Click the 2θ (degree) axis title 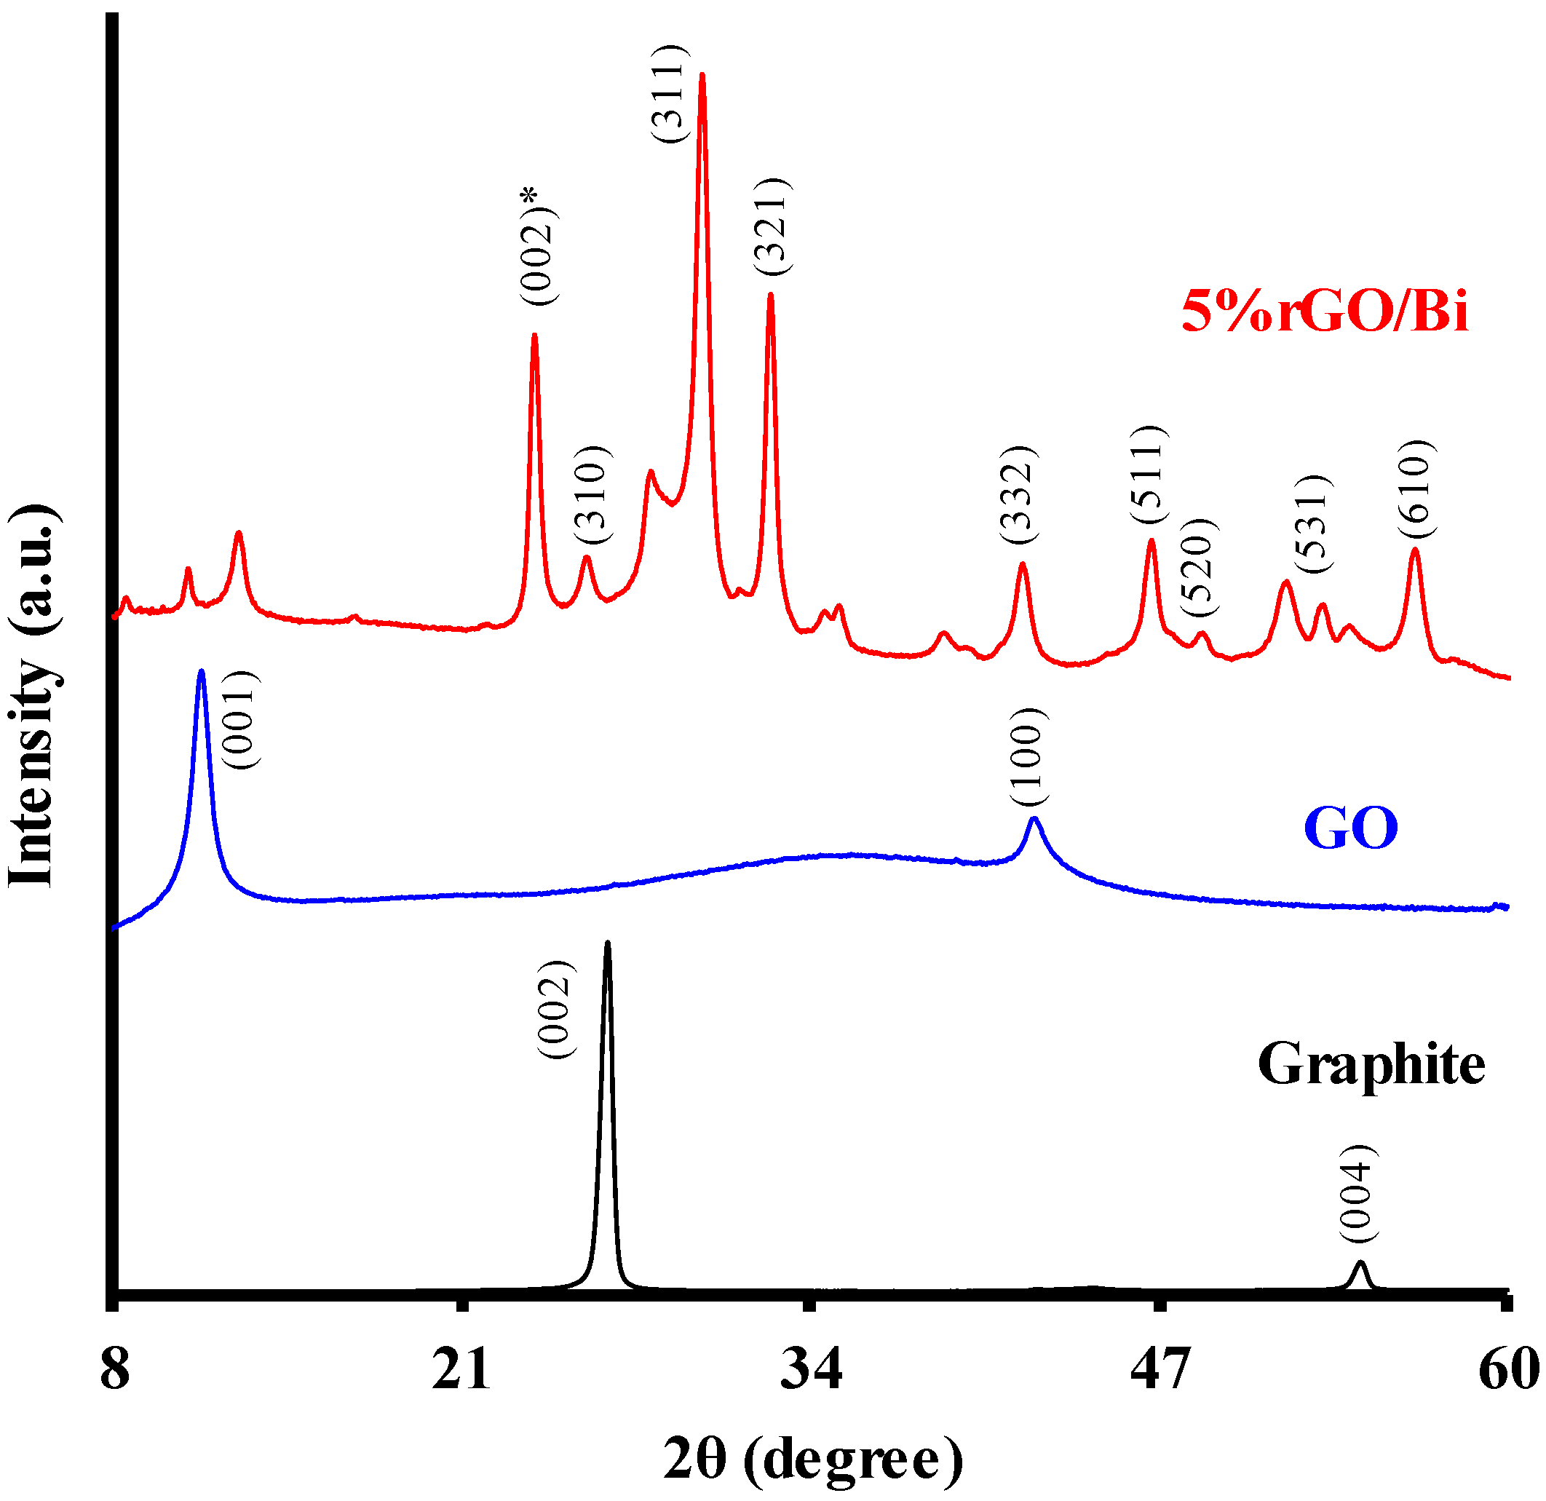coord(812,1460)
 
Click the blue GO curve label coord(1350,828)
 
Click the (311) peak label coord(670,95)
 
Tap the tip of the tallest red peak coord(702,75)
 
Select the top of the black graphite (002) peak coord(606,943)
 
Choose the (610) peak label coord(1416,490)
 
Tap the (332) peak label coord(1019,494)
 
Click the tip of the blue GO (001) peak coord(201,672)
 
